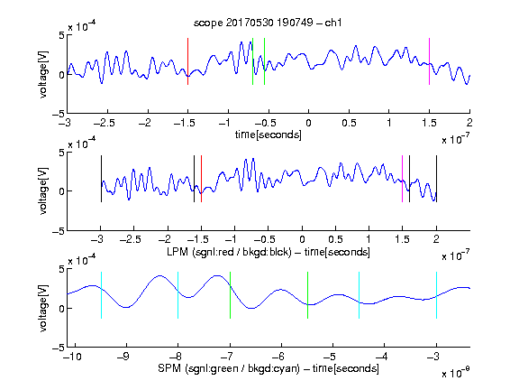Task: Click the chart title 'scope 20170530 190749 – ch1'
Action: tap(268, 23)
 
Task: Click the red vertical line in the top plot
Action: tap(188, 61)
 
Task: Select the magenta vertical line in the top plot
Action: tap(429, 61)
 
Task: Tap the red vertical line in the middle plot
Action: tap(201, 179)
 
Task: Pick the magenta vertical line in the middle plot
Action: tap(402, 179)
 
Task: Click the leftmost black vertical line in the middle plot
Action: tap(101, 179)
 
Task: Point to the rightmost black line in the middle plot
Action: tap(437, 179)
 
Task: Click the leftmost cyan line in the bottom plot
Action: tap(101, 295)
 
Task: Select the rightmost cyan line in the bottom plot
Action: tap(437, 295)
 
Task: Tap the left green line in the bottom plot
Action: tap(230, 295)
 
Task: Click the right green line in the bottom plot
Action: tap(308, 295)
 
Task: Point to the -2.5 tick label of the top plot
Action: tap(105, 123)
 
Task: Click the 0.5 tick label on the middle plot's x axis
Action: tap(335, 239)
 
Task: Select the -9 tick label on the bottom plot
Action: tap(123, 357)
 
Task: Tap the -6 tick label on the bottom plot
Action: tap(278, 357)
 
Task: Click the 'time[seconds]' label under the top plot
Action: tap(269, 135)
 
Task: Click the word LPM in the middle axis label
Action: tap(178, 252)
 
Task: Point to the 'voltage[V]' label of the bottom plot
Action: tap(43, 308)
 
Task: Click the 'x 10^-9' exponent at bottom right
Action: tap(456, 373)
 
